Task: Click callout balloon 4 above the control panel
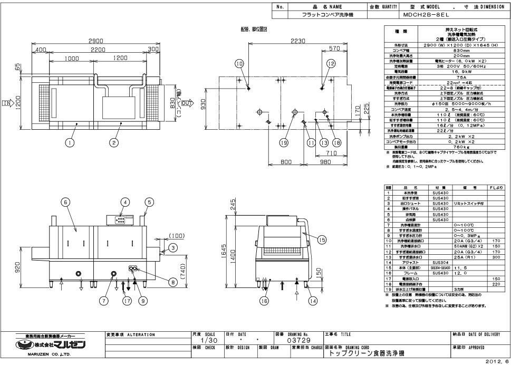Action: point(125,201)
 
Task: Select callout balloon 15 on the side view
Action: point(322,239)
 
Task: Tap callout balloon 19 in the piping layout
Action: point(284,141)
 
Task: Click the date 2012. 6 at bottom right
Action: point(498,361)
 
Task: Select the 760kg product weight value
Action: point(442,146)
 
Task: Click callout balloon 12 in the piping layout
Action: point(331,64)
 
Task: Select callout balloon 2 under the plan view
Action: point(114,141)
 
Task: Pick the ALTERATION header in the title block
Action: point(139,334)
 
